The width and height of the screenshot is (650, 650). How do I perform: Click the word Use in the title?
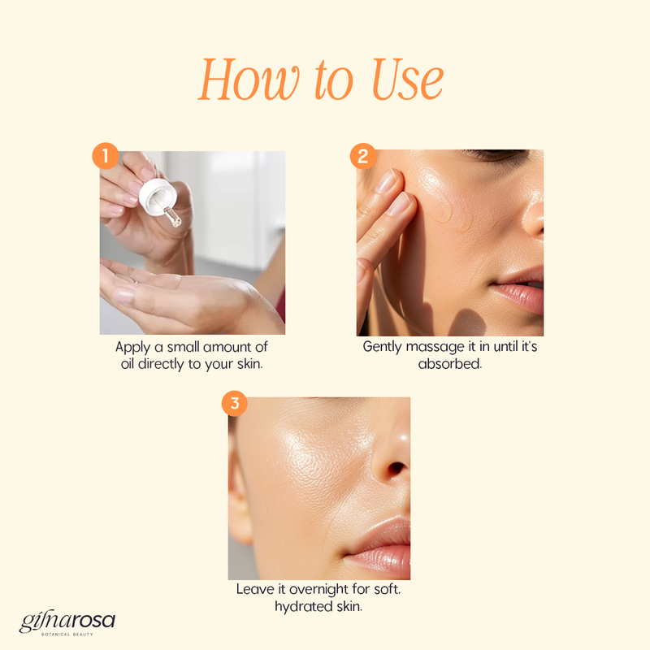[x=408, y=79]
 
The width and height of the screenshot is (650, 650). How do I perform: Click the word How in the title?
[x=249, y=79]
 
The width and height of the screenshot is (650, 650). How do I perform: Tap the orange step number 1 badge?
[x=106, y=156]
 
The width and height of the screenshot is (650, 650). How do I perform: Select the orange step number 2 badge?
[x=363, y=156]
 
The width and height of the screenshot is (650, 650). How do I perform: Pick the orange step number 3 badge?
[x=235, y=403]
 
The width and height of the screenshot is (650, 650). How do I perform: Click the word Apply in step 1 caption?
[x=132, y=348]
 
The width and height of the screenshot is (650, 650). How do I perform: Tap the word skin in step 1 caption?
[x=249, y=364]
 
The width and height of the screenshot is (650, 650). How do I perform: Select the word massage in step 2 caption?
[x=435, y=347]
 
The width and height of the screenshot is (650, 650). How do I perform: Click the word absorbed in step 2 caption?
[x=450, y=364]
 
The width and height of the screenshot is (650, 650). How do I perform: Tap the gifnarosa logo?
[x=67, y=621]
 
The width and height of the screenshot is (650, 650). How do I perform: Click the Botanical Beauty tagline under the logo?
[x=67, y=635]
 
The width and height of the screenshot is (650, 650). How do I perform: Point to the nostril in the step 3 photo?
[x=396, y=469]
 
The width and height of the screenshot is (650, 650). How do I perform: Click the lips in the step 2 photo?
[x=518, y=288]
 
